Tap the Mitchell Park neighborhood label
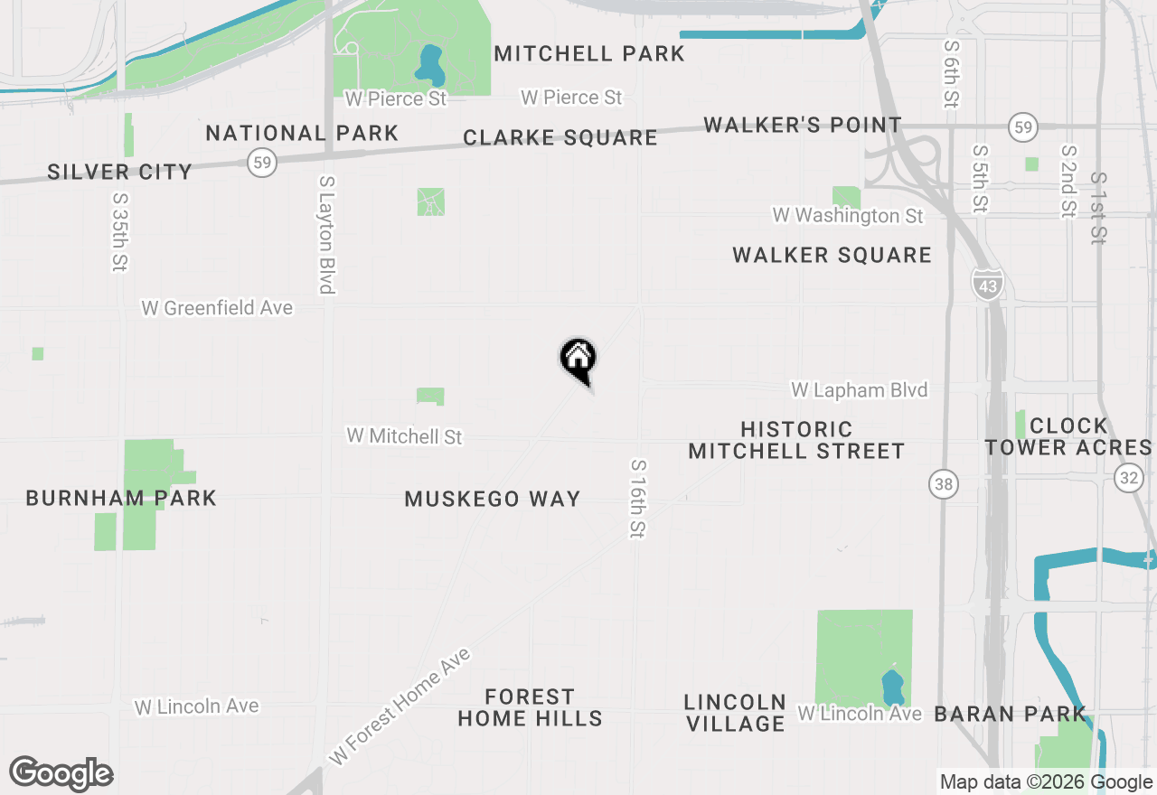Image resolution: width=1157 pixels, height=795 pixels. (x=589, y=53)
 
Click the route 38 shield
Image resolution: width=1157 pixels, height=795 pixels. (x=943, y=485)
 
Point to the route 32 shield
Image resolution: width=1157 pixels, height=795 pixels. (x=1128, y=478)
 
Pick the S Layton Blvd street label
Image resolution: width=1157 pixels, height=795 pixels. (x=327, y=234)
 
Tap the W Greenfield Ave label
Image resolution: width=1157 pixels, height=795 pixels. (x=217, y=308)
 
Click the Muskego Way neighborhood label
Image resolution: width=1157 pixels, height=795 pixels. (x=493, y=499)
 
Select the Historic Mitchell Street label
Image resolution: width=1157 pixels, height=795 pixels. (x=796, y=440)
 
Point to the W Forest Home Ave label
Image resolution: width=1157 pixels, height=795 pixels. (x=400, y=706)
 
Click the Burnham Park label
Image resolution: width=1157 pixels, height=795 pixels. (x=121, y=498)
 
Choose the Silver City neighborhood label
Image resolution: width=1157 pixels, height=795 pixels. (x=120, y=172)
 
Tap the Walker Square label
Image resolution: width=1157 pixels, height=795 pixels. (x=832, y=256)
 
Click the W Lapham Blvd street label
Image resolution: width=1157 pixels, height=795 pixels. (x=859, y=389)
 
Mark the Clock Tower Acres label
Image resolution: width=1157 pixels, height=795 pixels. (x=1068, y=436)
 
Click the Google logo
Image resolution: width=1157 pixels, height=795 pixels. (x=61, y=774)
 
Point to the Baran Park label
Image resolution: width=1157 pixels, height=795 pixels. (x=1010, y=715)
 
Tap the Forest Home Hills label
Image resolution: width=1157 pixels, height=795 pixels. (x=530, y=707)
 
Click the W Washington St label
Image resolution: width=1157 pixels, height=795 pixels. (x=848, y=216)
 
